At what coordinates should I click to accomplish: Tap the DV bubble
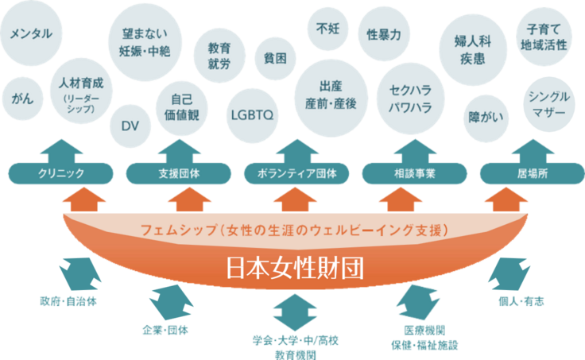[129, 125]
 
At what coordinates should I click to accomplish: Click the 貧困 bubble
[275, 57]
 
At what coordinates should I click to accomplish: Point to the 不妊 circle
[327, 29]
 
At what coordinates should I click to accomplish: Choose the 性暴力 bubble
[385, 35]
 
